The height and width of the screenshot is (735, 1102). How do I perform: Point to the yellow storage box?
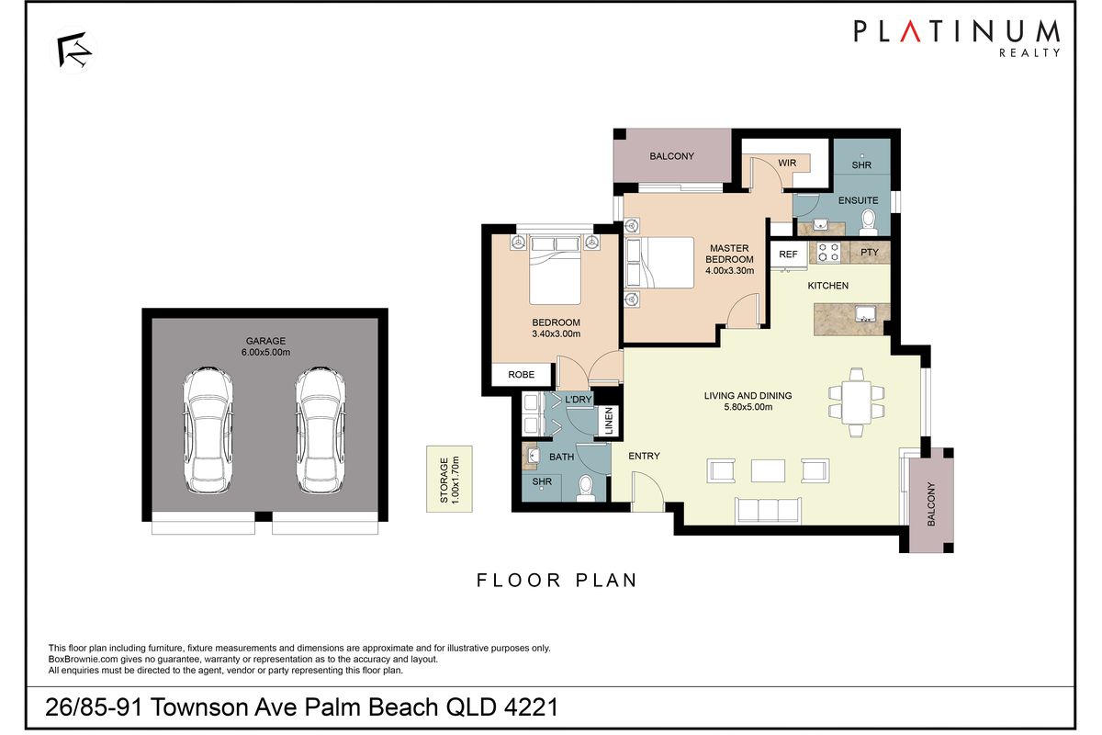coord(448,478)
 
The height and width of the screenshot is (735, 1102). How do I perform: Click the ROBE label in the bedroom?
coord(523,375)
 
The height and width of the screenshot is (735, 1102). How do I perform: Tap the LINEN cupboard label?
coord(609,422)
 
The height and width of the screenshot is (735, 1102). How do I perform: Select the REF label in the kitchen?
coord(788,254)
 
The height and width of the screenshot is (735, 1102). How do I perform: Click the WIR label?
coord(787,164)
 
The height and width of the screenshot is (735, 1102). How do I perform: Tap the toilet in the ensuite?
coord(867,220)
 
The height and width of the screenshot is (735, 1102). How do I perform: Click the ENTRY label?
coord(644,456)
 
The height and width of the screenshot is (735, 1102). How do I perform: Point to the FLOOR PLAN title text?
coord(557,580)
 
